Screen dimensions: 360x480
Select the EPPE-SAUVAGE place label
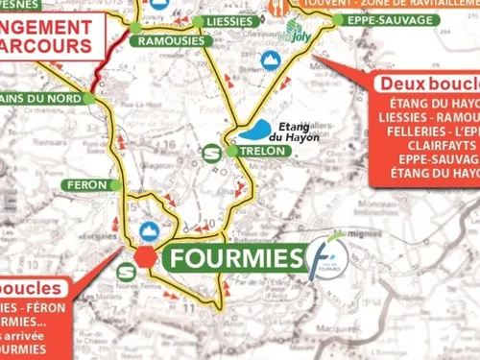click(x=373, y=18)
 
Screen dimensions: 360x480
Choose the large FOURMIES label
click(x=234, y=256)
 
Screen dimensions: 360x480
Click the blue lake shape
click(x=256, y=132)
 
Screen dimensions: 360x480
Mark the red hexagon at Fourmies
click(x=144, y=255)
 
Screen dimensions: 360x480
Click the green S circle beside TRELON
click(x=212, y=152)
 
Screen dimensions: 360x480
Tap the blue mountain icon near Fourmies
click(x=149, y=230)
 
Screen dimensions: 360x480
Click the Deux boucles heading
click(x=428, y=84)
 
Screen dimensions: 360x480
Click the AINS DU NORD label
click(x=43, y=98)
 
